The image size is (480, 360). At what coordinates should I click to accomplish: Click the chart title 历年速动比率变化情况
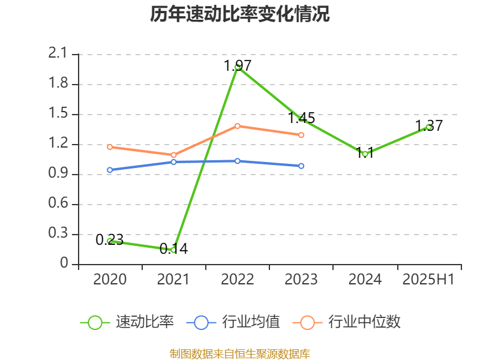click(240, 14)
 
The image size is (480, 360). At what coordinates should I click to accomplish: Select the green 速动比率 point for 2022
click(238, 67)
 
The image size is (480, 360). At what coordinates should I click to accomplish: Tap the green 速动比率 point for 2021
click(173, 250)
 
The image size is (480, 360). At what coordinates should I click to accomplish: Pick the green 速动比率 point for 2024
click(365, 154)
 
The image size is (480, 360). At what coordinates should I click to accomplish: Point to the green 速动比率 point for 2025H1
click(429, 127)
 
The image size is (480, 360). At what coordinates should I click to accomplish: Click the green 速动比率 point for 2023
click(301, 119)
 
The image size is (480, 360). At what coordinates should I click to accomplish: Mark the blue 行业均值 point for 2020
click(110, 170)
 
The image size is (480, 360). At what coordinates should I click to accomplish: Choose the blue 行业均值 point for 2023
click(301, 166)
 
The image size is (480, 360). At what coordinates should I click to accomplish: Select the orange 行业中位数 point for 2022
click(238, 126)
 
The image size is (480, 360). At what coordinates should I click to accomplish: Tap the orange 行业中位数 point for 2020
click(110, 146)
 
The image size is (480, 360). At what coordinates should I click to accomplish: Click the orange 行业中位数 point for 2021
click(173, 155)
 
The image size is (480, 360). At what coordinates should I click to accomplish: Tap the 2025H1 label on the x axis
click(428, 280)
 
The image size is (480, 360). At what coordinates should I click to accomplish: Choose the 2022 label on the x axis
click(238, 280)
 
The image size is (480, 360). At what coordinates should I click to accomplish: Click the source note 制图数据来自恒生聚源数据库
click(240, 353)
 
